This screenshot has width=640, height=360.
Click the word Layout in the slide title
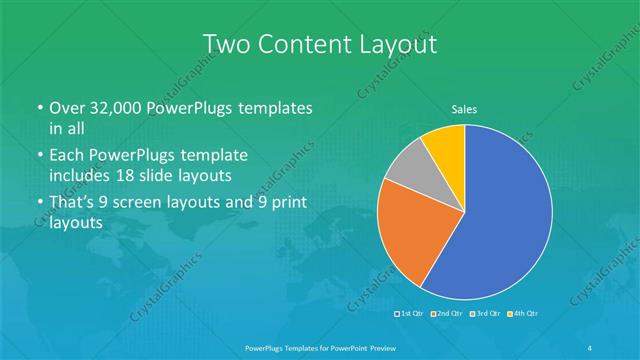tap(399, 44)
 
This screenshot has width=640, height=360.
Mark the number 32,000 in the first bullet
tap(116, 108)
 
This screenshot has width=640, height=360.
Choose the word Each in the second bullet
tap(68, 156)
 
